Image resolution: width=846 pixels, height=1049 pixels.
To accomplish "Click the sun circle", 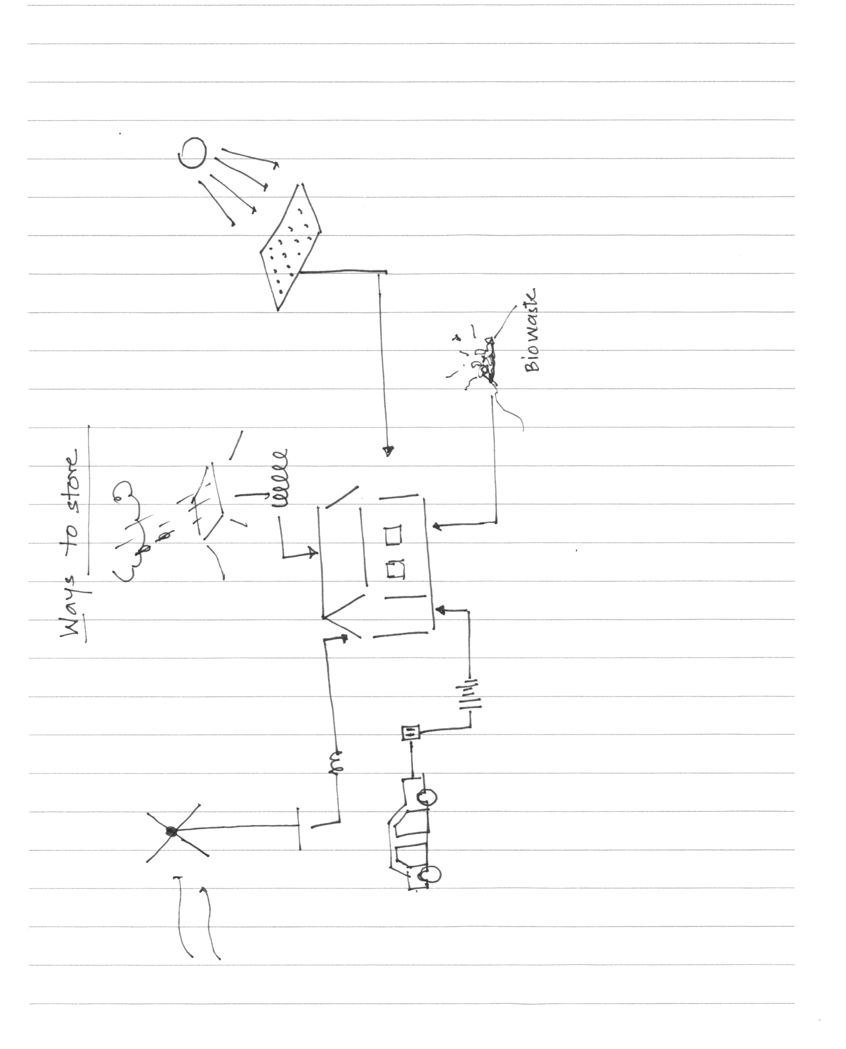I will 193,153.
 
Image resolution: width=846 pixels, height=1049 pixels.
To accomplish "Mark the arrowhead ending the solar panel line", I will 388,451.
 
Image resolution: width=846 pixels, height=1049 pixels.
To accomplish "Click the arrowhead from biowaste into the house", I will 436,526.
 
